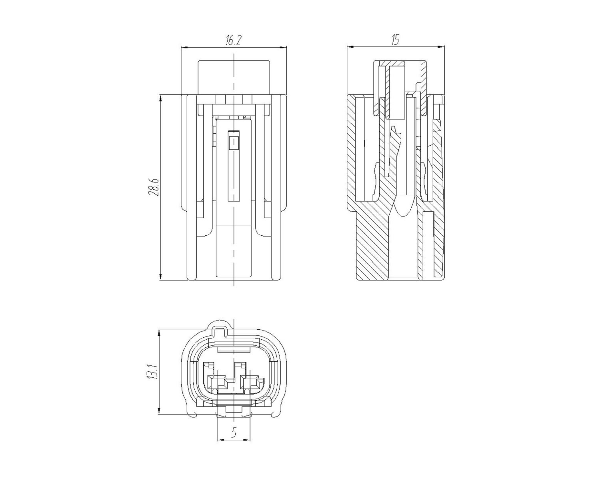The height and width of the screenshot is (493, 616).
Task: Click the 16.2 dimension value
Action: click(x=233, y=40)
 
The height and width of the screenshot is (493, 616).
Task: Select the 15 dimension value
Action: click(x=395, y=40)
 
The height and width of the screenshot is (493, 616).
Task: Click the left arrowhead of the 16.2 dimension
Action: click(x=185, y=47)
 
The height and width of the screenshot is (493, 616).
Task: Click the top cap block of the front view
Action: click(x=234, y=77)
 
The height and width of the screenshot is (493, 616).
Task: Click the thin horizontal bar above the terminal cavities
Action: click(x=234, y=350)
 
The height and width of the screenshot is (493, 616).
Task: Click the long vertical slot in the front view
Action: click(x=234, y=165)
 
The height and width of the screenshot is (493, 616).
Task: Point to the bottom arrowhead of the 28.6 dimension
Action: click(x=161, y=277)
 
